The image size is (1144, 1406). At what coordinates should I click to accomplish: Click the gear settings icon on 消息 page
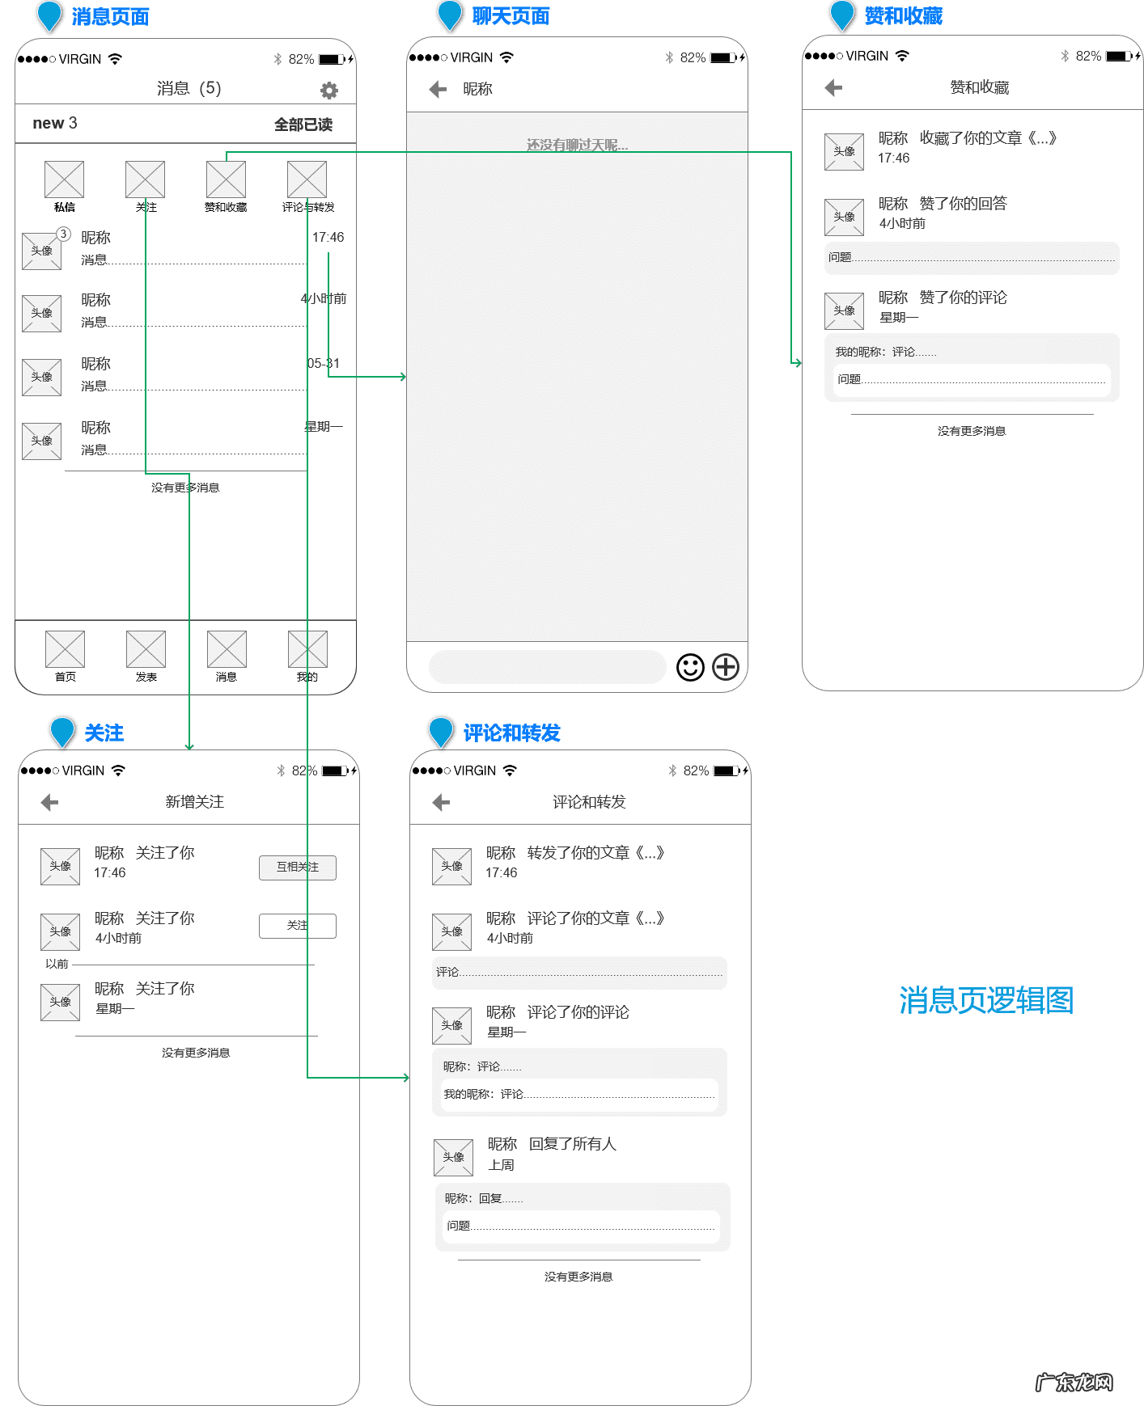coord(328,91)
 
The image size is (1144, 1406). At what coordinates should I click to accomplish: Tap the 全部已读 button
coord(303,125)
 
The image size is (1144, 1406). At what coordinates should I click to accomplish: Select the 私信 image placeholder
coord(64,179)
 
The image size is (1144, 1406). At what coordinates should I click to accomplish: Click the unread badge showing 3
coord(63,234)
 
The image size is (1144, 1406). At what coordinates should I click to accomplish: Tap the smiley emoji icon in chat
coord(690,667)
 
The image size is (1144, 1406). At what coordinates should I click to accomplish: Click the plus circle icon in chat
coord(726,667)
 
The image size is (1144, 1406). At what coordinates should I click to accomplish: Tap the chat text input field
coord(546,667)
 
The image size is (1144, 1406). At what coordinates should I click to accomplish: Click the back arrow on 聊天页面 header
coord(439,89)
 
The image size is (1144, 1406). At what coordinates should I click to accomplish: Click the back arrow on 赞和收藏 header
coord(833,87)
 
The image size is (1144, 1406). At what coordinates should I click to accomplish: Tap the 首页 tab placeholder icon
coord(65,649)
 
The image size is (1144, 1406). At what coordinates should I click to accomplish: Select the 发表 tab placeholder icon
coord(146,649)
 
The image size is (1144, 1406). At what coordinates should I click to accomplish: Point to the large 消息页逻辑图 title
coord(986,1000)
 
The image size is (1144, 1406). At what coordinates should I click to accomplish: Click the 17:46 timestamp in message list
coord(328,237)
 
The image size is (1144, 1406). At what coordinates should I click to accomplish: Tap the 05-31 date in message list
coord(324,363)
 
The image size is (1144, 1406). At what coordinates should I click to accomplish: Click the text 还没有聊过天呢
coord(577,145)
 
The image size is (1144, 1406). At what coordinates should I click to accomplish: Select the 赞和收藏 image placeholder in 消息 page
coord(226,179)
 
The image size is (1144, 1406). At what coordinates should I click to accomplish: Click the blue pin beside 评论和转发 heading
coord(441,731)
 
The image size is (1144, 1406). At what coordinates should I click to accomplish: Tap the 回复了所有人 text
coord(573,1143)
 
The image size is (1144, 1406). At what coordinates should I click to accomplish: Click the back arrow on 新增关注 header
coord(49,802)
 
